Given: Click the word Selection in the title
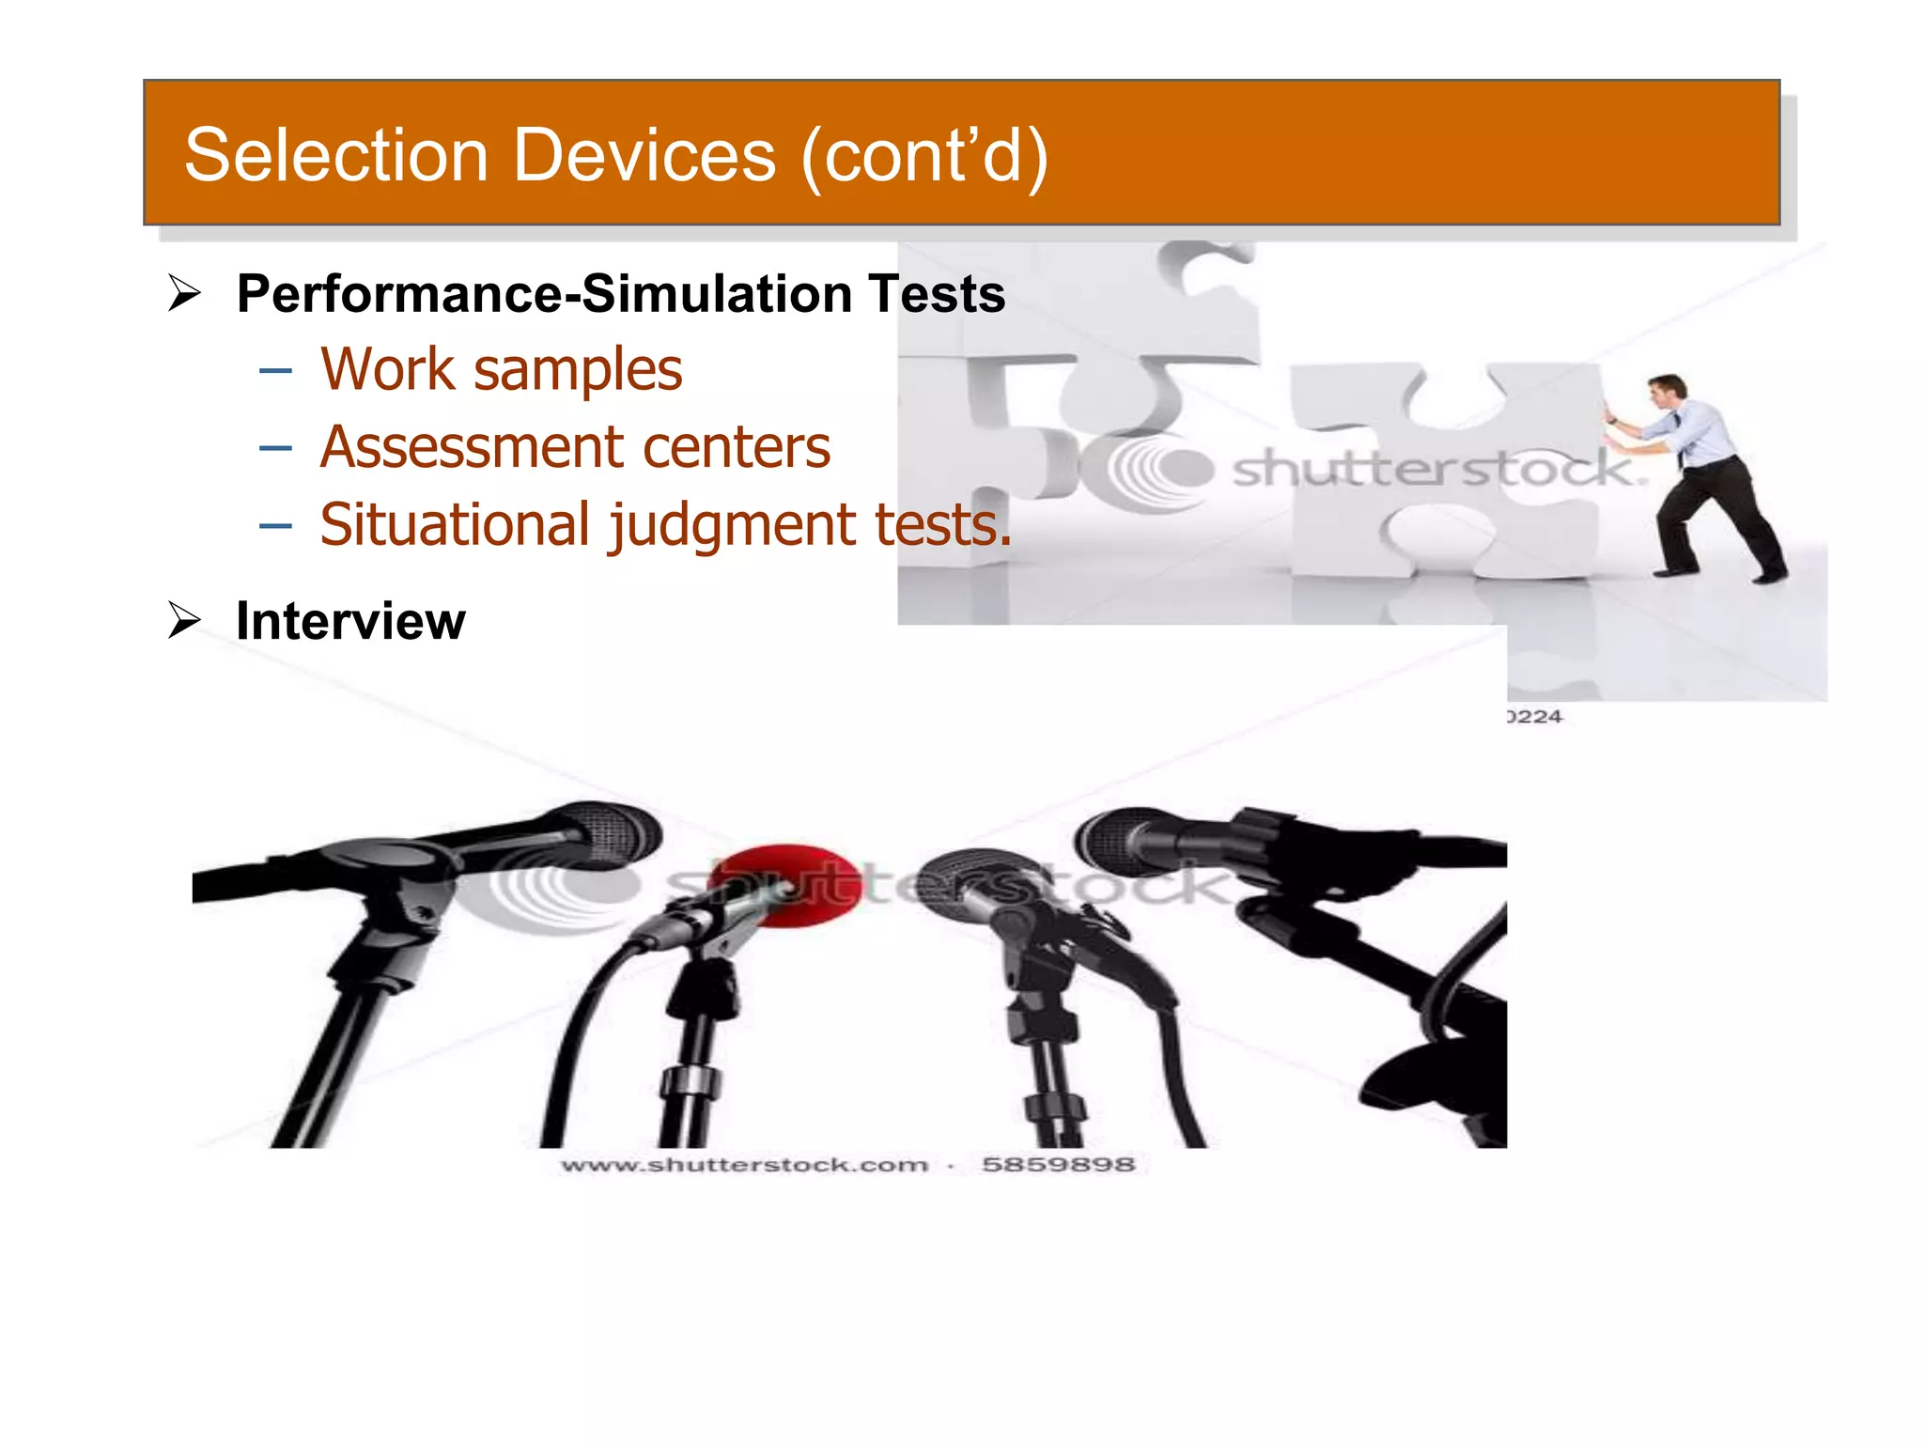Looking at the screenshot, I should pos(335,155).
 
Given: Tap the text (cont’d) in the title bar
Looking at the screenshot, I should pos(924,155).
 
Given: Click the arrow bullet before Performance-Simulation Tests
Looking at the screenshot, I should pos(184,293).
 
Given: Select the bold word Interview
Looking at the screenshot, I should pos(350,621).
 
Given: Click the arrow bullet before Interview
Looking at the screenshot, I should pos(184,620).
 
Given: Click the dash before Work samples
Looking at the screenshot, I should pos(275,371).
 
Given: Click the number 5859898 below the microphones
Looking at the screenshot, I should pos(1058,1165).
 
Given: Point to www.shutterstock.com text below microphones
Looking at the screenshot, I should pos(745,1165).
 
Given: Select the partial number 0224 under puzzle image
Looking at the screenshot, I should pos(1535,717).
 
